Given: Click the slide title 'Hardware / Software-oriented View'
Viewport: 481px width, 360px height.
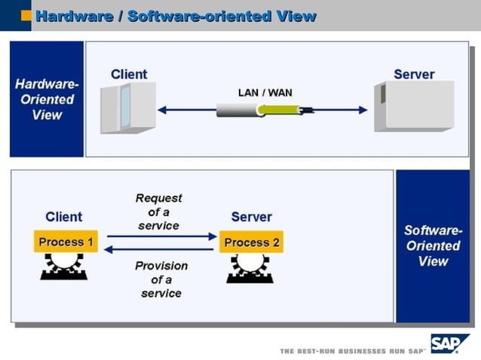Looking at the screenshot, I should pyautogui.click(x=176, y=16).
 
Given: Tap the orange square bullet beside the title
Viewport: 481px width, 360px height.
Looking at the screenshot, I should pyautogui.click(x=26, y=15).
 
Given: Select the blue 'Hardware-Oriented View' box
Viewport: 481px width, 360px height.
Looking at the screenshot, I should pyautogui.click(x=47, y=99).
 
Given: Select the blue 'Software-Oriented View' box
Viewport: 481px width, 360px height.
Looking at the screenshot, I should pyautogui.click(x=433, y=246).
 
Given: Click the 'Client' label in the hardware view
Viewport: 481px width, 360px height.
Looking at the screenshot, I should pyautogui.click(x=129, y=74).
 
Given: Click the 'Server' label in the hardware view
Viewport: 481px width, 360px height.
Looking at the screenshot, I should pyautogui.click(x=414, y=74).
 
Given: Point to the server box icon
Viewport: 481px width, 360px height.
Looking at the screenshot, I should pyautogui.click(x=414, y=105).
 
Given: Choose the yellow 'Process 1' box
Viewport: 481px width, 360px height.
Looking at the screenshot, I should pyautogui.click(x=66, y=242).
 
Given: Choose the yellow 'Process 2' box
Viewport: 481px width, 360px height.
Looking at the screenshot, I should pyautogui.click(x=252, y=242).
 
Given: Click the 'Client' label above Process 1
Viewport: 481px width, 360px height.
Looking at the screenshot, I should pyautogui.click(x=64, y=217).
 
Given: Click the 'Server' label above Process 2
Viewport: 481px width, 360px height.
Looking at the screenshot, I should pyautogui.click(x=251, y=217).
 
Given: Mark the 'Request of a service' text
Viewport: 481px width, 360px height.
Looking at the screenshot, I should pyautogui.click(x=159, y=212).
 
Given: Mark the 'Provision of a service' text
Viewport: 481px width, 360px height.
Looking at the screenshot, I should pyautogui.click(x=161, y=279).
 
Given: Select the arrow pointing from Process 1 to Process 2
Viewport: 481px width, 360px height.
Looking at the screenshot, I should pyautogui.click(x=161, y=236).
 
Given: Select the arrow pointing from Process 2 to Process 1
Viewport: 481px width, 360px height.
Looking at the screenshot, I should pyautogui.click(x=161, y=249).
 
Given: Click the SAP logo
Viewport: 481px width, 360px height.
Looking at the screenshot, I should pyautogui.click(x=449, y=343).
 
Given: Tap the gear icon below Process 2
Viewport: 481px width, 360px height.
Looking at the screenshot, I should pyautogui.click(x=250, y=267).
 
